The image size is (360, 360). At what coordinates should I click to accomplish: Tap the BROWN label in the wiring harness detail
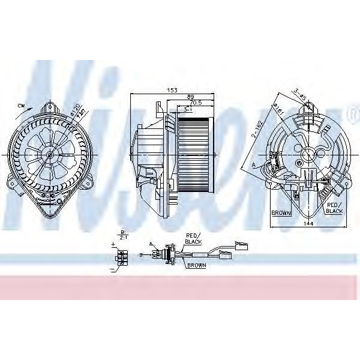tap(196, 265)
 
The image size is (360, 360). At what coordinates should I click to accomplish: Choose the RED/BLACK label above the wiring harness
tap(193, 238)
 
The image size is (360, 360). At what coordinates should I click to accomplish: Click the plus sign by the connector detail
tap(113, 245)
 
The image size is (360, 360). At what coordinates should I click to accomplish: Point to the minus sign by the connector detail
tap(112, 271)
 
